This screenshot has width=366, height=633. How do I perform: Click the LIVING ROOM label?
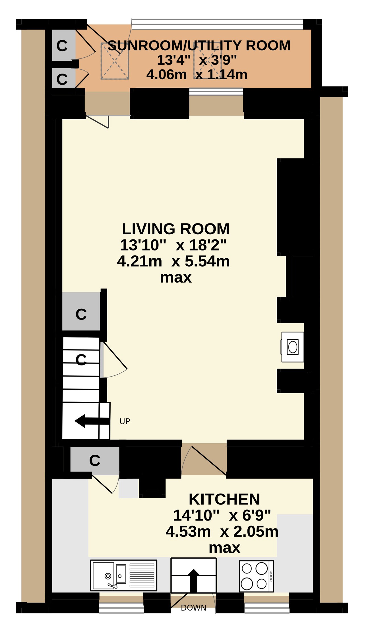(175, 229)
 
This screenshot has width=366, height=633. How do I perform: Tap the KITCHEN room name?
(224, 499)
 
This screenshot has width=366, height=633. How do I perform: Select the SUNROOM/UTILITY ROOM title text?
(199, 45)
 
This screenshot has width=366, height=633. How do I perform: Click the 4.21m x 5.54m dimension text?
(173, 261)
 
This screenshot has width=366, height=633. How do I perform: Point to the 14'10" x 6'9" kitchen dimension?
(222, 515)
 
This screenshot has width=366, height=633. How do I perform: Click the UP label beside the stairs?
(125, 421)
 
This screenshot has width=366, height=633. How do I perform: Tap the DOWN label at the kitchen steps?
(193, 608)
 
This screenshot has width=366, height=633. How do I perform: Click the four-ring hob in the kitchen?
(256, 576)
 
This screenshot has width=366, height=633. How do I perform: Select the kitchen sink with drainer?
(124, 575)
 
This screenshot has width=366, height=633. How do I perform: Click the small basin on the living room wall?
(293, 347)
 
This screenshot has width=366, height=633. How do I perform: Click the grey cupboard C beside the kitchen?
(95, 460)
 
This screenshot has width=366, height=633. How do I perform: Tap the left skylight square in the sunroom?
(115, 61)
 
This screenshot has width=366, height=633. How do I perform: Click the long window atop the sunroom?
(218, 24)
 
